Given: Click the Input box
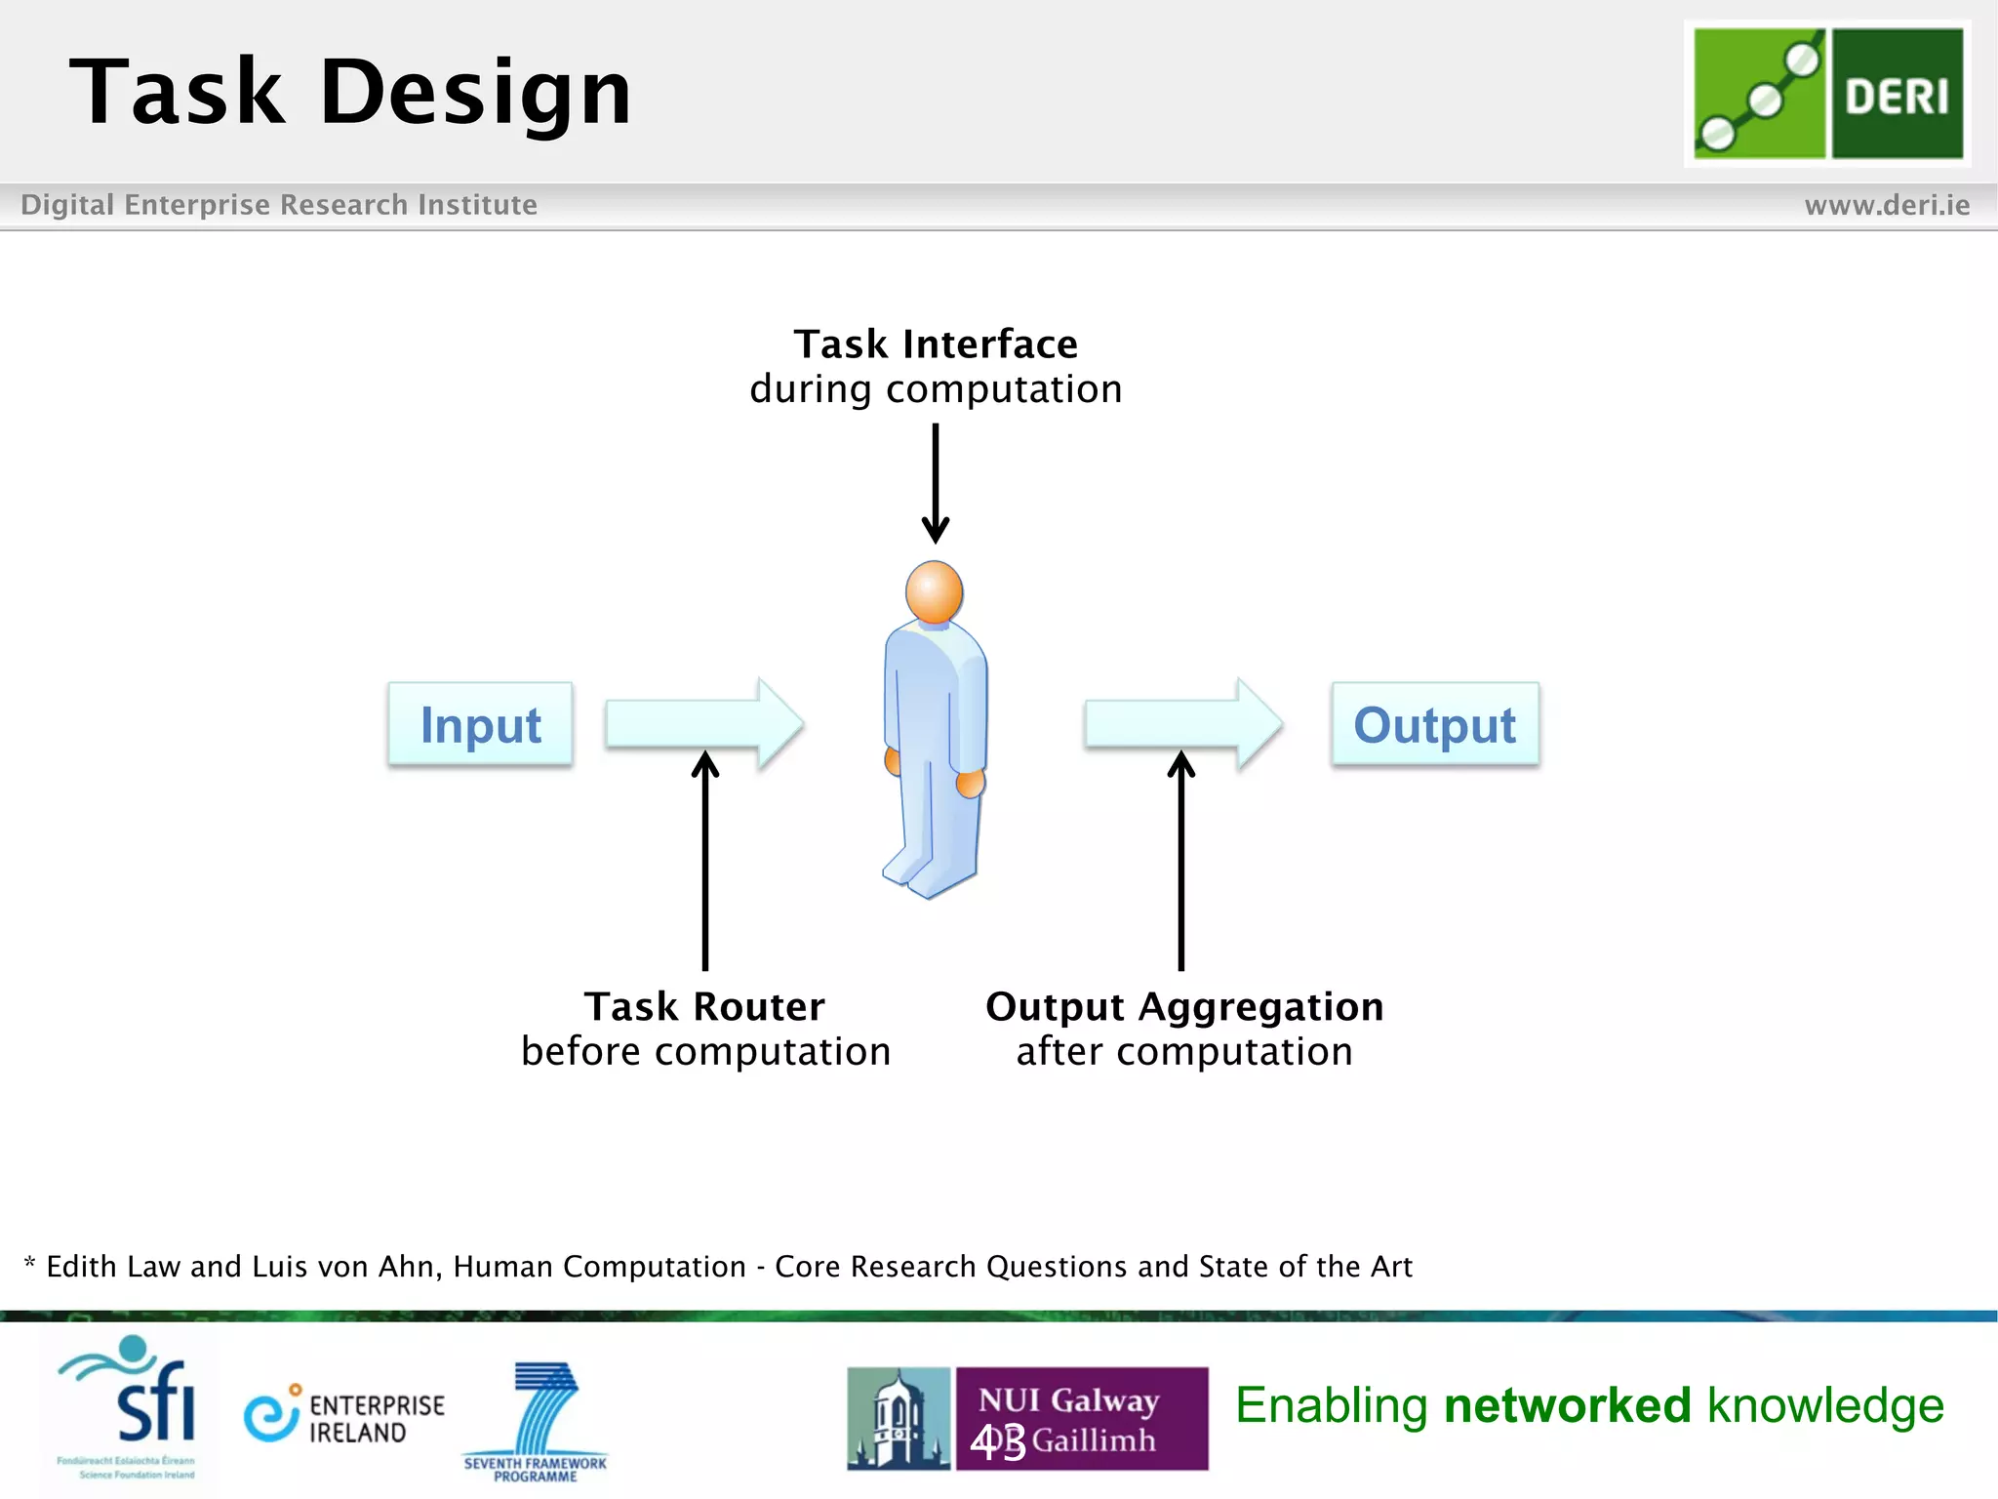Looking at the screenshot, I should click(x=480, y=724).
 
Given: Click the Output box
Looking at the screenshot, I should click(x=1434, y=724).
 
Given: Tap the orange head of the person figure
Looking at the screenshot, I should click(x=934, y=591).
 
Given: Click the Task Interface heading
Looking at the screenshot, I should click(x=936, y=344).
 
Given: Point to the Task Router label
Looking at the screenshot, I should click(x=704, y=1006).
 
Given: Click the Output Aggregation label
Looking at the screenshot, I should click(x=1184, y=1006).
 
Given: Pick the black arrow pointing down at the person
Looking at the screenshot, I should click(x=936, y=483).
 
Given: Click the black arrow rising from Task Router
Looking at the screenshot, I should click(x=705, y=859).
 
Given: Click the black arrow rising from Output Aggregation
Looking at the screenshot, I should click(x=1181, y=859).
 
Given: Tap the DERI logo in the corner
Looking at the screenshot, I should click(x=1827, y=94).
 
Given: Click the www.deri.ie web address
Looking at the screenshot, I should click(x=1886, y=205).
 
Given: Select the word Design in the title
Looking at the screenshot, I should click(x=475, y=93).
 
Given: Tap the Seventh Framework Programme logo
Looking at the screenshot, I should click(x=537, y=1420).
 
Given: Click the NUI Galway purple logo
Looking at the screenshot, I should click(x=1081, y=1418).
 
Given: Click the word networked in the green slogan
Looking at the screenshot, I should click(x=1567, y=1405).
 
